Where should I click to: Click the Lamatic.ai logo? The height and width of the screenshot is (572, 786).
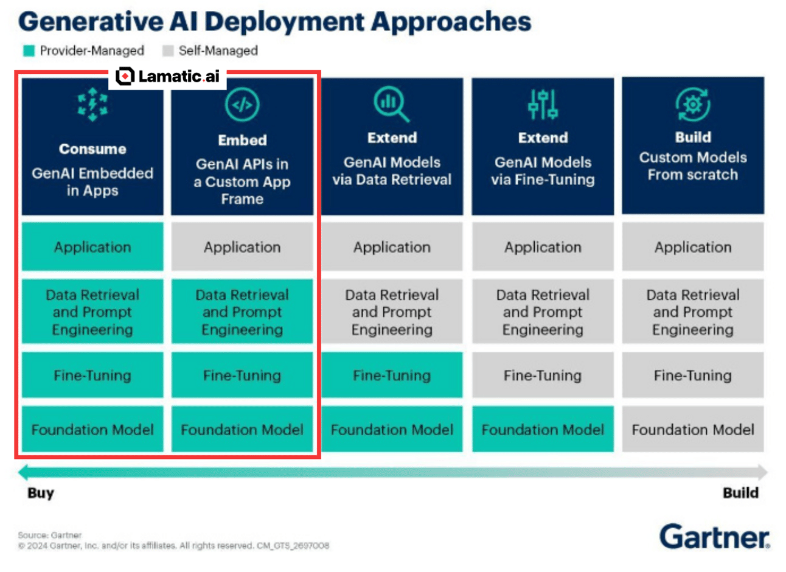coord(167,76)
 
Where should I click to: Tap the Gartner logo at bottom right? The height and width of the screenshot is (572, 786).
coord(714,537)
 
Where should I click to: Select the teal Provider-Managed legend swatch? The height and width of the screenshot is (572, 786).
coord(29,51)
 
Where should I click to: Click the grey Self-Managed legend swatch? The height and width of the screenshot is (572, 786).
coord(168,51)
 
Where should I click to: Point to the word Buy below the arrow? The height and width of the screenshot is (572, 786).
coord(41,493)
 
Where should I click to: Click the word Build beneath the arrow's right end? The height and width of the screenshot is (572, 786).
coord(740,493)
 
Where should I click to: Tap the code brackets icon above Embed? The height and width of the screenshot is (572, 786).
coord(242,105)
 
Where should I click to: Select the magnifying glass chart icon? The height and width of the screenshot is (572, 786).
coord(391,104)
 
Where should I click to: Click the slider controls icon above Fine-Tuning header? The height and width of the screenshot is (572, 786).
coord(543,105)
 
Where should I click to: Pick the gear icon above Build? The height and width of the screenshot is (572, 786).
coord(692,105)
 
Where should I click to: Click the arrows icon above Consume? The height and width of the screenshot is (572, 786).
coord(92,105)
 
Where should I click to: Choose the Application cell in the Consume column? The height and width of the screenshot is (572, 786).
coord(92,247)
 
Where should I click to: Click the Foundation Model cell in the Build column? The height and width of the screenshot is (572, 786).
coord(693,430)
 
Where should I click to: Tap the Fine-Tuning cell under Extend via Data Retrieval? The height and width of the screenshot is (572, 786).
coord(392,375)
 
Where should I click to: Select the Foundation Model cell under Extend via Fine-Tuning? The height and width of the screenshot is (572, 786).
coord(543,430)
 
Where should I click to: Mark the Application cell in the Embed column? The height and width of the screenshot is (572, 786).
coord(242,247)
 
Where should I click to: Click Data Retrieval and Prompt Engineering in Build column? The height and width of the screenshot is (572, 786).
coord(693,312)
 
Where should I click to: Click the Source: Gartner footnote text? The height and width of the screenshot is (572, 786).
coord(49,535)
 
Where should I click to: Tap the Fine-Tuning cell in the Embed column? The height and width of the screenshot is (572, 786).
coord(242,375)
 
